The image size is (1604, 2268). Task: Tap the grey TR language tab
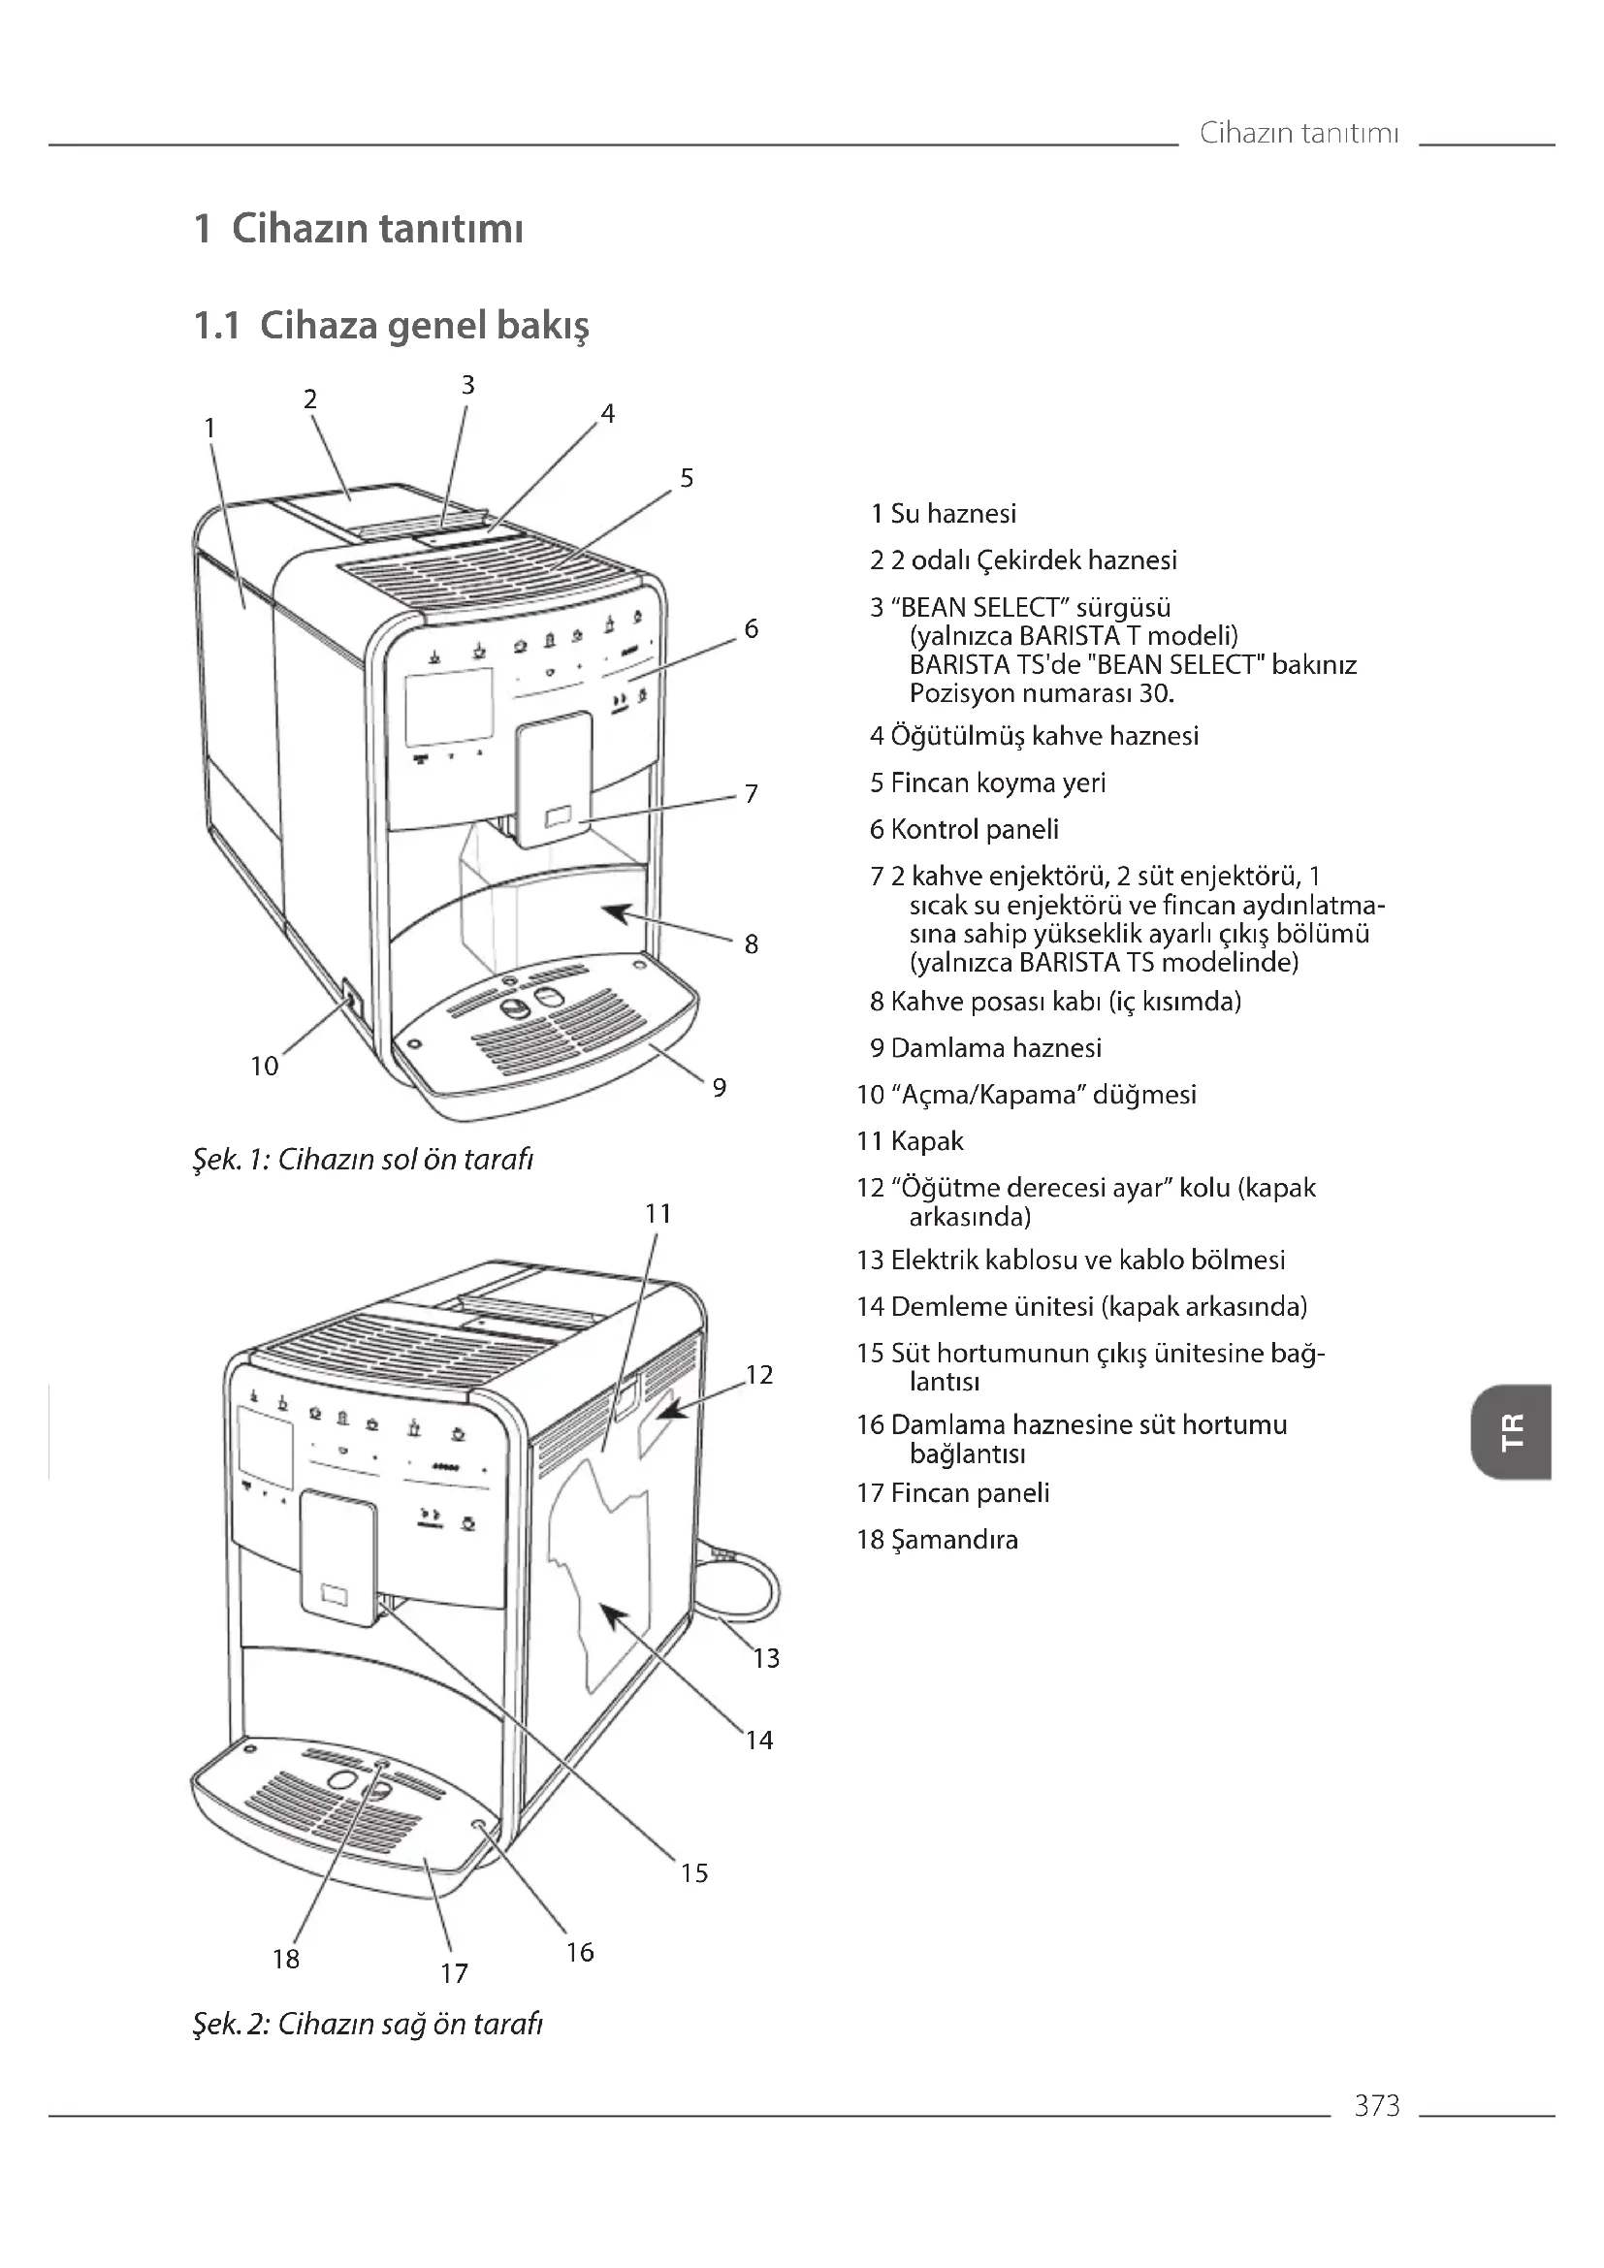click(x=1511, y=1431)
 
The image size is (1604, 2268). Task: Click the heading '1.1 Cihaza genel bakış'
click(x=391, y=325)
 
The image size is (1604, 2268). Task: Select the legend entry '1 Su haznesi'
click(x=944, y=514)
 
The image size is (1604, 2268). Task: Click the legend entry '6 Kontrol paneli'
click(x=964, y=830)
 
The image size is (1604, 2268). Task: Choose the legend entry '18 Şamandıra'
click(x=938, y=1539)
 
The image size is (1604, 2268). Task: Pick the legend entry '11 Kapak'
click(x=910, y=1141)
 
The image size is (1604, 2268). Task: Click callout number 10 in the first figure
click(x=265, y=1066)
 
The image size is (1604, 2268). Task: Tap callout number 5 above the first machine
click(x=687, y=478)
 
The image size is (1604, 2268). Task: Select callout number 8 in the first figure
click(x=751, y=944)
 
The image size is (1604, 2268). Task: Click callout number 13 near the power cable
click(x=766, y=1658)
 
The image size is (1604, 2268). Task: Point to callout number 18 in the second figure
click(x=285, y=1959)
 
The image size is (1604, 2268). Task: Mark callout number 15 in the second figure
click(x=694, y=1873)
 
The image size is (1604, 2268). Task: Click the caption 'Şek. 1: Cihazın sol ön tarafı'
click(x=364, y=1159)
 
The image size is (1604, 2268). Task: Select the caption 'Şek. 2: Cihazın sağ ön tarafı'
click(x=369, y=2024)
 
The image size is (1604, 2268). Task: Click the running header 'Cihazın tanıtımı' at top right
click(x=1299, y=133)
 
